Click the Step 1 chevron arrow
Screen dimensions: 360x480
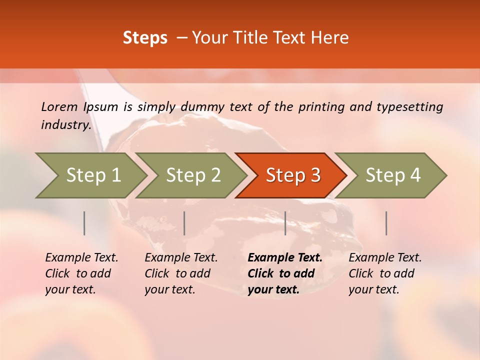[93, 175]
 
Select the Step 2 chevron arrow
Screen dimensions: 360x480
[193, 175]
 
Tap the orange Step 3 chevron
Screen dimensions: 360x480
[293, 175]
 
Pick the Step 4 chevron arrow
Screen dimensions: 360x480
[393, 175]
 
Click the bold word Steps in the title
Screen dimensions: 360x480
[145, 38]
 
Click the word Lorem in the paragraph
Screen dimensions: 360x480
[59, 106]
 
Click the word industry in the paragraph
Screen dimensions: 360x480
[66, 124]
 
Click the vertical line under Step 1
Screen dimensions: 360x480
[84, 223]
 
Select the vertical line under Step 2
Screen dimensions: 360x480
[184, 223]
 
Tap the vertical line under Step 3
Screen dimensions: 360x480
[285, 223]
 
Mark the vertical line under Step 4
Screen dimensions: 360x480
[386, 223]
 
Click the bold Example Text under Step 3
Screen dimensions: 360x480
[285, 258]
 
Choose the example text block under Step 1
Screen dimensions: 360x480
[81, 273]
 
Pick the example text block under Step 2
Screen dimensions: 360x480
[181, 273]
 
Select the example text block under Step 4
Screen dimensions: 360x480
[385, 273]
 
